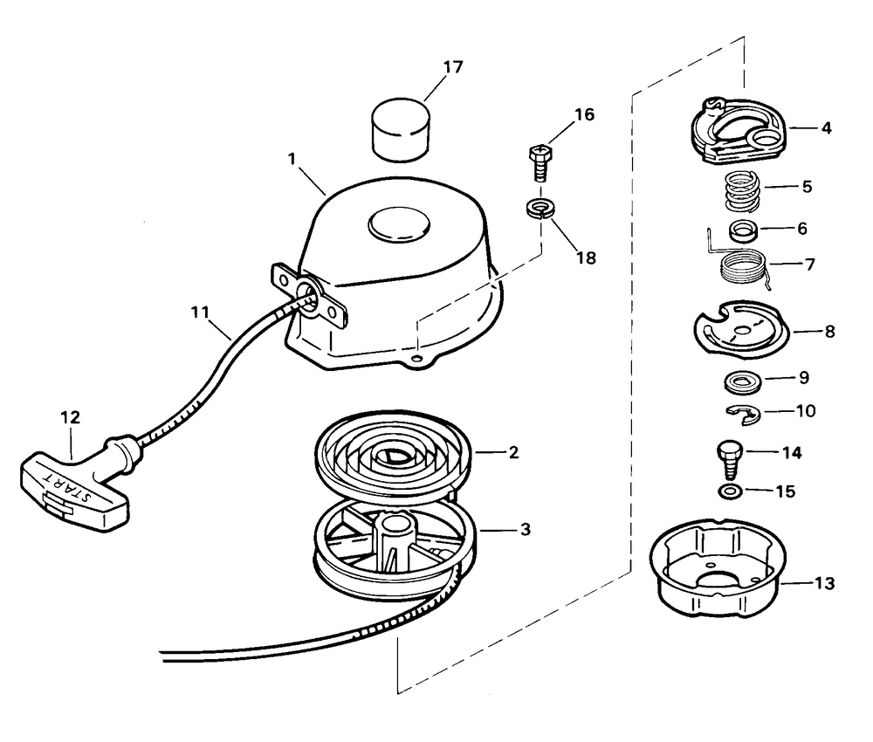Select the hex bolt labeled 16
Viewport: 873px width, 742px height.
pyautogui.click(x=538, y=161)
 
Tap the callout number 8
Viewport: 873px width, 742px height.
pyautogui.click(x=829, y=332)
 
